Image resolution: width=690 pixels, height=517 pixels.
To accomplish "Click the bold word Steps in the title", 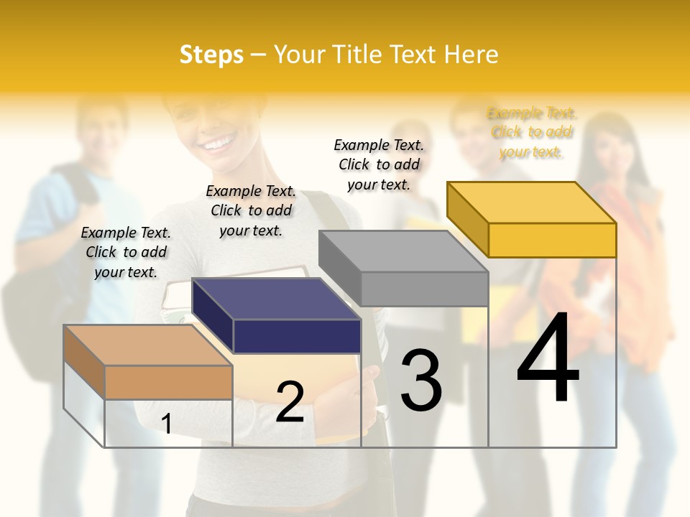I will click(x=211, y=55).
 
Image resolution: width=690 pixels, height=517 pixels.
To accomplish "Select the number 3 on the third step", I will click(x=420, y=380).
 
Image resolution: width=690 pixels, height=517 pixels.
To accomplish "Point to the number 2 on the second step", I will click(x=290, y=401).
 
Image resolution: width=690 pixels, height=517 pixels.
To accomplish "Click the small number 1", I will click(x=167, y=424).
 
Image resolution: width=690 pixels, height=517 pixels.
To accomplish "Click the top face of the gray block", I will click(x=403, y=251).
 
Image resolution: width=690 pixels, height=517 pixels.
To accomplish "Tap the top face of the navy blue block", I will click(x=277, y=298).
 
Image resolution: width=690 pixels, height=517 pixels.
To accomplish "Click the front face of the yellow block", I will click(x=552, y=240).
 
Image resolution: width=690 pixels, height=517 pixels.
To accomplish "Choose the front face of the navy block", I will click(x=297, y=336).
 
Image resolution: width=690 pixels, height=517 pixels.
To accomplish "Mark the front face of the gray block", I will click(x=424, y=289).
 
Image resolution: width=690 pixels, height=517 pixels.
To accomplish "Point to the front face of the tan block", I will click(x=168, y=382).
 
